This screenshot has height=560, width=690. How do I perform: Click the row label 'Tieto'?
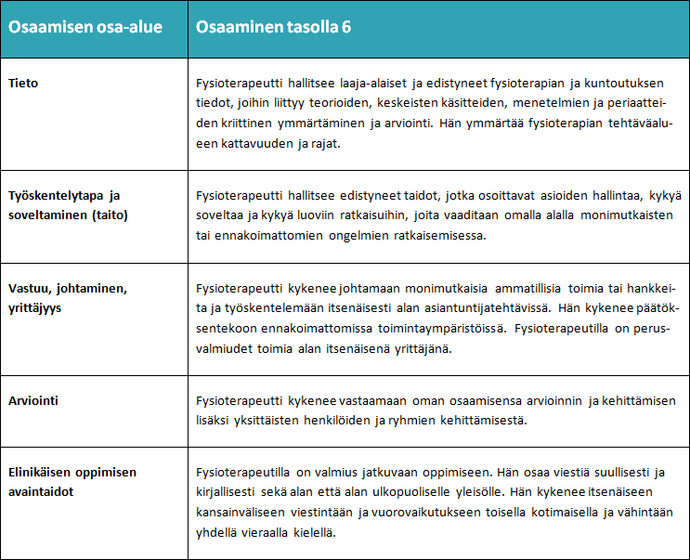[x=23, y=84]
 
